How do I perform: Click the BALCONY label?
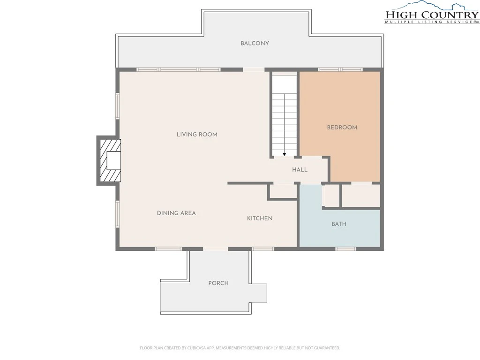tap(255, 43)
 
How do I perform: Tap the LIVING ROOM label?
tap(197, 135)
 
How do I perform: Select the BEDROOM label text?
tap(342, 127)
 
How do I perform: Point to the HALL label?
tap(300, 170)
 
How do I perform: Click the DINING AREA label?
tap(176, 213)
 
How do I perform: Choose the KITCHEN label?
tap(260, 218)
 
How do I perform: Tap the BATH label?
tap(339, 224)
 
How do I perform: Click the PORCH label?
tap(218, 283)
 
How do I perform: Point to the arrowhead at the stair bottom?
tap(285, 155)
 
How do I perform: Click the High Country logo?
tap(432, 13)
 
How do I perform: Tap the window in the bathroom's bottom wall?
tap(345, 248)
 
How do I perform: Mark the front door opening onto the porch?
tap(216, 248)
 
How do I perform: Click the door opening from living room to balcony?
tap(254, 70)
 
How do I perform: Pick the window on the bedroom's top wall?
tap(340, 70)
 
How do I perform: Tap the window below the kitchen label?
tap(263, 248)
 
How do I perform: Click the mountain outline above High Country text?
tap(432, 6)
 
